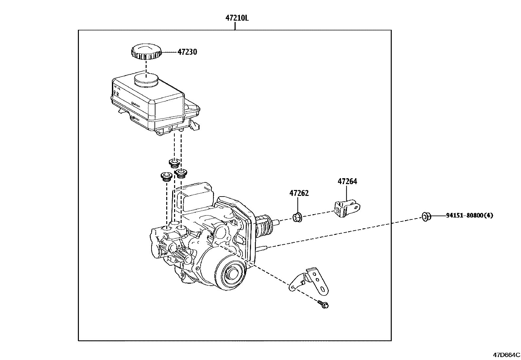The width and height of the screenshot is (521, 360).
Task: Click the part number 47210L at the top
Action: click(x=237, y=18)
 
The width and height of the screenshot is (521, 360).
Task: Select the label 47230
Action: click(x=187, y=52)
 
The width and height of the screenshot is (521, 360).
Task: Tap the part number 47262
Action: click(x=299, y=193)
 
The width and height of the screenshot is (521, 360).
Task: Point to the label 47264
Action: click(x=347, y=181)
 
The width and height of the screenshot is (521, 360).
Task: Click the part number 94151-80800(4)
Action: click(x=469, y=216)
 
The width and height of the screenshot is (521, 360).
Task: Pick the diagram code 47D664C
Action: click(x=506, y=355)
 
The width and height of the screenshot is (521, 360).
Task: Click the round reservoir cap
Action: click(x=146, y=51)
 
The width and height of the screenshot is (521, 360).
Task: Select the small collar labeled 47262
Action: click(x=297, y=218)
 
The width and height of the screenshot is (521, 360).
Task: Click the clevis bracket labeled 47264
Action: click(x=347, y=209)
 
